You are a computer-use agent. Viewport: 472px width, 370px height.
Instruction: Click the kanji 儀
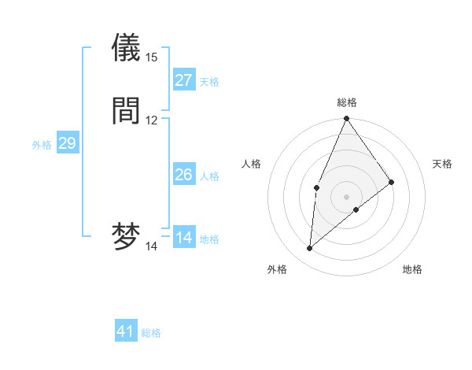[x=126, y=48]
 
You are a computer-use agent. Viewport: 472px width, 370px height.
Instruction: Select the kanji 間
[x=126, y=111]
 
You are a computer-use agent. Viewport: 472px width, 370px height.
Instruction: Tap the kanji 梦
[x=126, y=237]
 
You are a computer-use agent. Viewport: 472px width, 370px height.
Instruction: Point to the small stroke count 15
[x=152, y=57]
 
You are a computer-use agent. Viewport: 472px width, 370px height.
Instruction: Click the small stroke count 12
[x=152, y=120]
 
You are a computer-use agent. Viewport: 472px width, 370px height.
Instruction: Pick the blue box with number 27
[x=183, y=80]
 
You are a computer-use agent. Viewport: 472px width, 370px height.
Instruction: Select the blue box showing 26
[x=183, y=175]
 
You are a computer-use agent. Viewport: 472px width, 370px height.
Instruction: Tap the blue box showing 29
[x=67, y=143]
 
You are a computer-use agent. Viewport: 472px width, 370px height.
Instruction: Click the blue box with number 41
[x=126, y=331]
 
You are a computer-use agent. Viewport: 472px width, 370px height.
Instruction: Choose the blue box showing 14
[x=183, y=238]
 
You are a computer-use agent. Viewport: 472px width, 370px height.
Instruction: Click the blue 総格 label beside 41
[x=151, y=333]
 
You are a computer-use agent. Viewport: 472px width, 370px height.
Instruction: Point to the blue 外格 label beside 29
[x=41, y=145]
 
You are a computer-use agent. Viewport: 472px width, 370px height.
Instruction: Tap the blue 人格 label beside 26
[x=210, y=176]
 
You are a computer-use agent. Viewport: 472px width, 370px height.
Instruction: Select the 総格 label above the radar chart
[x=347, y=102]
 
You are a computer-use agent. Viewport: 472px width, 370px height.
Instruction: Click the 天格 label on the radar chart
[x=443, y=164]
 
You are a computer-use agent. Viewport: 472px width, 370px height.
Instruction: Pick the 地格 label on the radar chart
[x=412, y=269]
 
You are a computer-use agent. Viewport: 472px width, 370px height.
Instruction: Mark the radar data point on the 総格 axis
[x=346, y=119]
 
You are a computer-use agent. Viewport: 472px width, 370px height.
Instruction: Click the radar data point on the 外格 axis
[x=309, y=249]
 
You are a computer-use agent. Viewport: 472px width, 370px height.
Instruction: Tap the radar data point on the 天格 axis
[x=392, y=182]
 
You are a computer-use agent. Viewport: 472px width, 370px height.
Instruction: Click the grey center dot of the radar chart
[x=346, y=196]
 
